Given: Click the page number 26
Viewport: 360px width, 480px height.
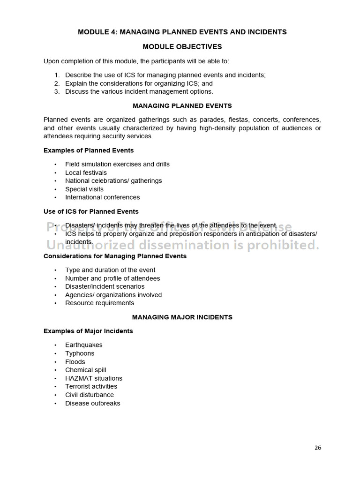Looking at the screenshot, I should point(318,448).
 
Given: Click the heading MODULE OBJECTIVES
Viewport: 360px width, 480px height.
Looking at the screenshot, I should point(182,47).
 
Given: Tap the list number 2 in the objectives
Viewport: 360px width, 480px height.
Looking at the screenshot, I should point(57,83).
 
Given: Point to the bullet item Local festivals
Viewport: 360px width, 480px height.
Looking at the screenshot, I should point(86,172).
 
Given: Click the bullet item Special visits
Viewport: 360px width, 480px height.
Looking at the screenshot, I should point(84,189).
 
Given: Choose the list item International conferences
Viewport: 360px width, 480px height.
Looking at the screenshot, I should point(102,197).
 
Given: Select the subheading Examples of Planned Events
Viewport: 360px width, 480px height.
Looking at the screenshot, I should point(89,150).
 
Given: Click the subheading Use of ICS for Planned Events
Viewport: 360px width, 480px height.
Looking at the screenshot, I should point(91,211).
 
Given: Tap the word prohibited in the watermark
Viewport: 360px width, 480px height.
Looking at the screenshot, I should point(286,245).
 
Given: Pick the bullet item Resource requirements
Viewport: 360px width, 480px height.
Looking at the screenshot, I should point(99,303).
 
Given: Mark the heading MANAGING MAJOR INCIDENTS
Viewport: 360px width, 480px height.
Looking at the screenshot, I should point(182,317).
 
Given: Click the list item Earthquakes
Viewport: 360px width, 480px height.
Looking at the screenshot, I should point(83,345).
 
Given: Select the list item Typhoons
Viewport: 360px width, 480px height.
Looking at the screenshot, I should point(80,353).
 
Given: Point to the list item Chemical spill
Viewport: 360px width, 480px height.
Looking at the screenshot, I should point(86,370).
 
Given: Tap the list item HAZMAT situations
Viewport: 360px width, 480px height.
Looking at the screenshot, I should point(94,378).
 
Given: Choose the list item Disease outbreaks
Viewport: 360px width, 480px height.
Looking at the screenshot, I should point(92,403).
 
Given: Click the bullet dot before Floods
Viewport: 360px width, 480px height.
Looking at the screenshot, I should point(55,362).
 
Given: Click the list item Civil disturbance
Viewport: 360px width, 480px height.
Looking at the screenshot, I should point(90,395).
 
